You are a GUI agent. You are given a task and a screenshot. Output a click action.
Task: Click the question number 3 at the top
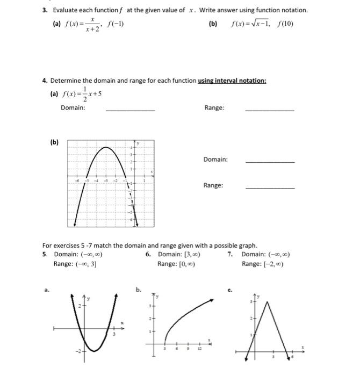click(45, 11)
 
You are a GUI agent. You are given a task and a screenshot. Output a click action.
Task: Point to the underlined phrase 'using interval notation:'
click(232, 81)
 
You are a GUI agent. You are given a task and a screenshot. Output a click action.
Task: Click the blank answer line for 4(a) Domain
click(130, 110)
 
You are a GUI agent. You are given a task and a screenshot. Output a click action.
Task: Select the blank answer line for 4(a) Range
click(269, 110)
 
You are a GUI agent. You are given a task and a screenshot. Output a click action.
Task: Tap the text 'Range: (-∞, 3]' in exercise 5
click(75, 264)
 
